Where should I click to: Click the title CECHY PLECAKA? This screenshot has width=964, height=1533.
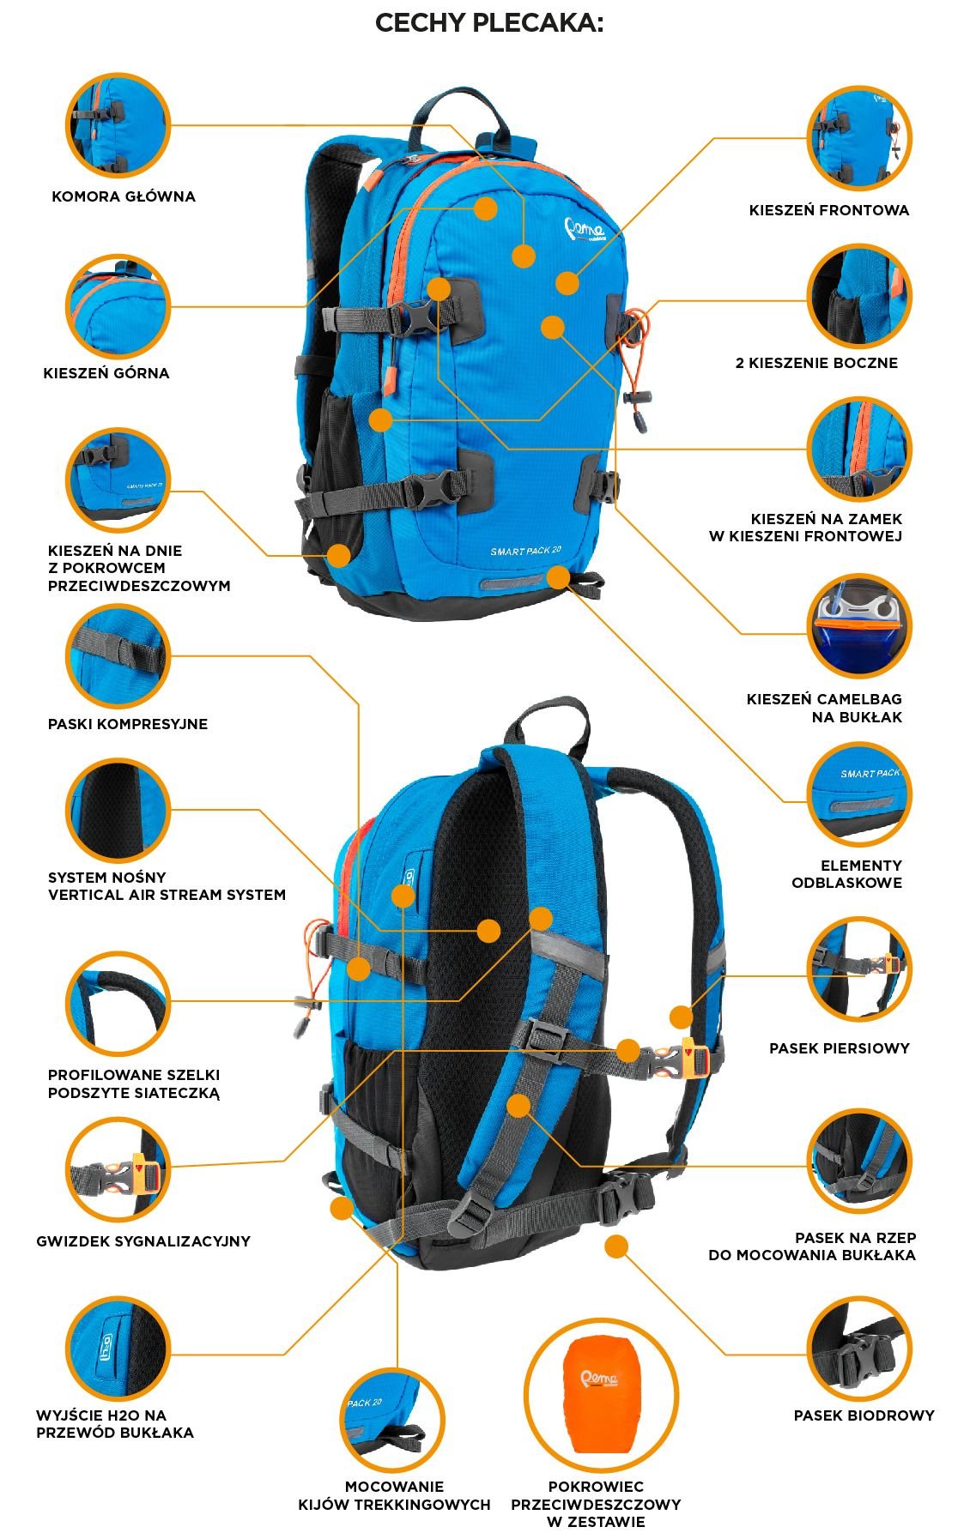489,23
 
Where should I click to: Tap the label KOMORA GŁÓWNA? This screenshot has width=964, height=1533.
124,196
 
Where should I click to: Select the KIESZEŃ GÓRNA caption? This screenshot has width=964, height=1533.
106,373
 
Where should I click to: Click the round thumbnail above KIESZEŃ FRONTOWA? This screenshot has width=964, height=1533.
859,137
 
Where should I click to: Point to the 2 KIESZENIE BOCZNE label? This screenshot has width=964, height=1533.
816,363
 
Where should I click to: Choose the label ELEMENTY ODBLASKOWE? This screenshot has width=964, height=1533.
847,874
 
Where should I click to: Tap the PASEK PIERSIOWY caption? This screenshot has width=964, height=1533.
840,1048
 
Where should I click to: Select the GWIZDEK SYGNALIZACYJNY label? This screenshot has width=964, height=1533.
143,1241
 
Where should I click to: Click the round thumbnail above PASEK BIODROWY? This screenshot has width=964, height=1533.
859,1349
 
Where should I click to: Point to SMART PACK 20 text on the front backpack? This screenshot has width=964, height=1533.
525,551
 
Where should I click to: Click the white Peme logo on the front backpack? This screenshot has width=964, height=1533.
585,230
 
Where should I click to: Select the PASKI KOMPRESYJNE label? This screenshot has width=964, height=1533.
128,724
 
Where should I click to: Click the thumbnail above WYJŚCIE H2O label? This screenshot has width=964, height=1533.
118,1349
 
